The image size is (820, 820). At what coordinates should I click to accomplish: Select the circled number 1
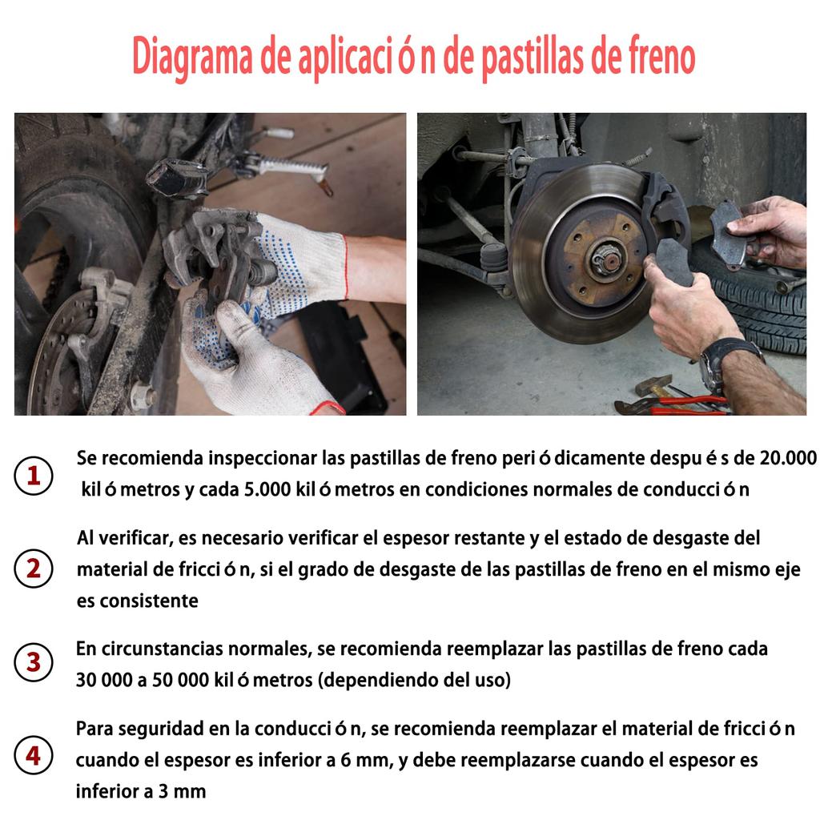click(34, 476)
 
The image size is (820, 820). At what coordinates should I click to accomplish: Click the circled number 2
click(34, 569)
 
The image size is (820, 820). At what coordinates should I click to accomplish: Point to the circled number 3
click(34, 663)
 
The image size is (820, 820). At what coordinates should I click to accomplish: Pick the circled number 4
click(34, 756)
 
